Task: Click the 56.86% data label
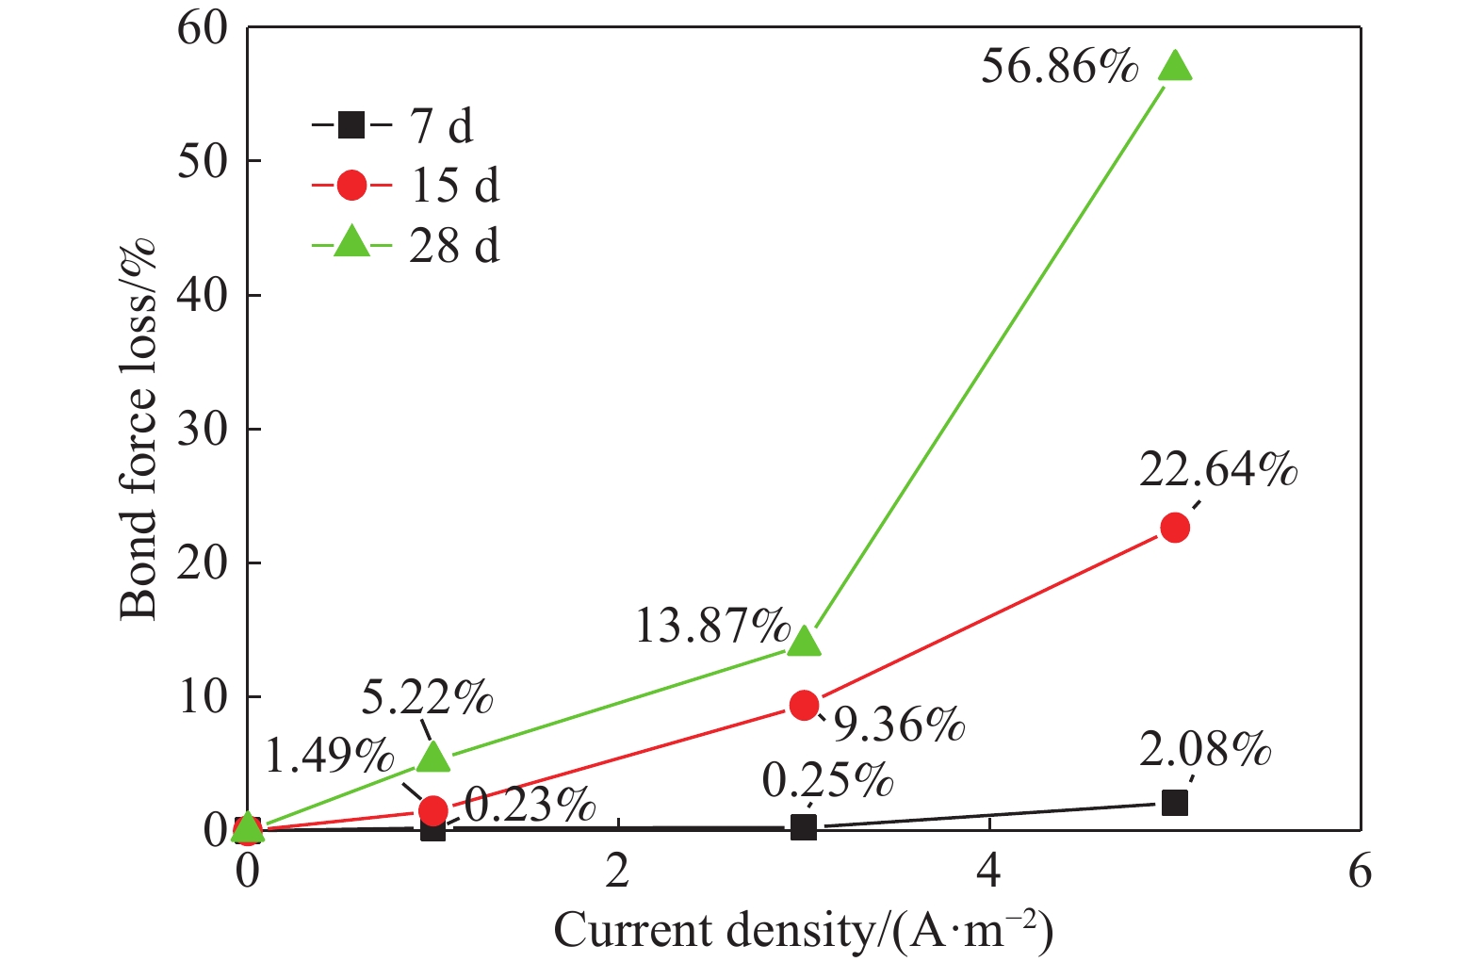pyautogui.click(x=1059, y=68)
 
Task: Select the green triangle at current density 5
pyautogui.click(x=1175, y=66)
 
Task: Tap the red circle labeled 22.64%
pyautogui.click(x=1175, y=528)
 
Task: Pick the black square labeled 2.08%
pyautogui.click(x=1175, y=803)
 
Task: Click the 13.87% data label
pyautogui.click(x=713, y=626)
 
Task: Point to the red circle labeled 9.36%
pyautogui.click(x=804, y=705)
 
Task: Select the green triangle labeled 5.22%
pyautogui.click(x=432, y=756)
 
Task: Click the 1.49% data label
pyautogui.click(x=329, y=756)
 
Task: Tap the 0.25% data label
pyautogui.click(x=827, y=781)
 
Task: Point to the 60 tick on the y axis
pyautogui.click(x=203, y=28)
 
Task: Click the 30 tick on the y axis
pyautogui.click(x=203, y=430)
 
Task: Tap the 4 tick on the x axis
pyautogui.click(x=988, y=872)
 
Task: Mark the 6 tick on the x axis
pyautogui.click(x=1360, y=872)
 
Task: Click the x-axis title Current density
pyautogui.click(x=803, y=931)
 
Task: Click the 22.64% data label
pyautogui.click(x=1218, y=469)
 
